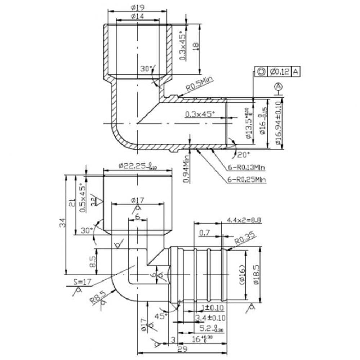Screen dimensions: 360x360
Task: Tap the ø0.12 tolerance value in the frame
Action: pyautogui.click(x=279, y=72)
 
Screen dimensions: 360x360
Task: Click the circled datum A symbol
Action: pyautogui.click(x=278, y=86)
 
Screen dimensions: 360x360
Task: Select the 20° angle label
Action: pyautogui.click(x=244, y=154)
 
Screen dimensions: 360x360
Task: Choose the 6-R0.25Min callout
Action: pyautogui.click(x=246, y=179)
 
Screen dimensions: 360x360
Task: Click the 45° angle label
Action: pyautogui.click(x=161, y=316)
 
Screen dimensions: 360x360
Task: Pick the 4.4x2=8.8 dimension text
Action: pyautogui.click(x=244, y=220)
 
